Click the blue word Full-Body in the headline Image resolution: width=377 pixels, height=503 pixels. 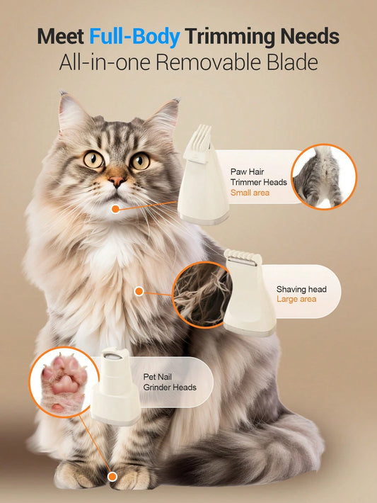tap(134, 38)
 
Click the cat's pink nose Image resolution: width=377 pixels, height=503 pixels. tap(116, 181)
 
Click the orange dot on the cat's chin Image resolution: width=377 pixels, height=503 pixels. tap(115, 210)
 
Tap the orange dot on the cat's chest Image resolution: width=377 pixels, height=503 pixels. tap(139, 291)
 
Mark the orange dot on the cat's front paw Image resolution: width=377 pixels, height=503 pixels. tap(112, 477)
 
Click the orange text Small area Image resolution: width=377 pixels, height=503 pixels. tap(250, 193)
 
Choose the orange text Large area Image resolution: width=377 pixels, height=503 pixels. tap(296, 299)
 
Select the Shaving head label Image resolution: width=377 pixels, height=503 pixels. tap(301, 289)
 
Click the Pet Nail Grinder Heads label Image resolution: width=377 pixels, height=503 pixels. tap(170, 382)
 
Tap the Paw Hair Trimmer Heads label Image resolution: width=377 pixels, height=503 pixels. tap(258, 176)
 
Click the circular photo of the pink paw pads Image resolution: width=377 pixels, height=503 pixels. tap(64, 383)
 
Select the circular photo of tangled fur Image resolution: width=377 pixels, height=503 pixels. tap(202, 295)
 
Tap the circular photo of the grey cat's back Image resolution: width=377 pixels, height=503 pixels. tap(324, 176)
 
